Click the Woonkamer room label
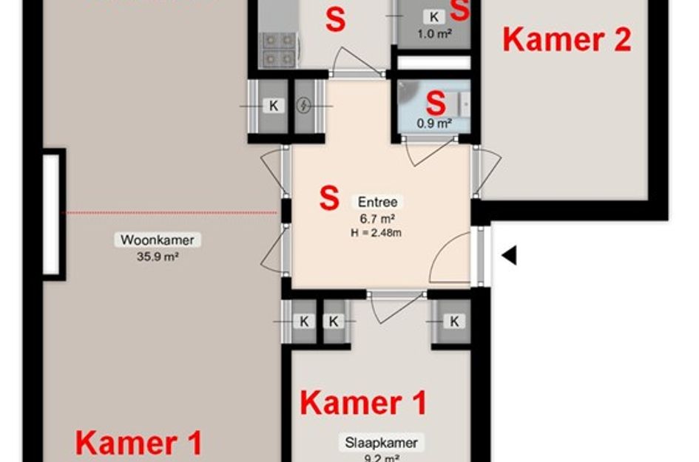[x=157, y=240]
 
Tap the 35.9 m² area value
[x=157, y=257]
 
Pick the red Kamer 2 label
[x=567, y=40]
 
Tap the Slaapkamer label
[x=381, y=444]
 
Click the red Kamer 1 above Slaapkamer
[x=363, y=404]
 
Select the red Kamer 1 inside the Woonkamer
[x=139, y=444]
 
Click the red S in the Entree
[x=329, y=198]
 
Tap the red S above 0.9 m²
[x=436, y=103]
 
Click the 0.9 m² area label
[x=433, y=123]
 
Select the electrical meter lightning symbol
[x=304, y=106]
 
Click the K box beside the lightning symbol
[x=273, y=106]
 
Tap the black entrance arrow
[x=509, y=256]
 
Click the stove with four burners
[x=278, y=48]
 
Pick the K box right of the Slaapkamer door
[x=453, y=321]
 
